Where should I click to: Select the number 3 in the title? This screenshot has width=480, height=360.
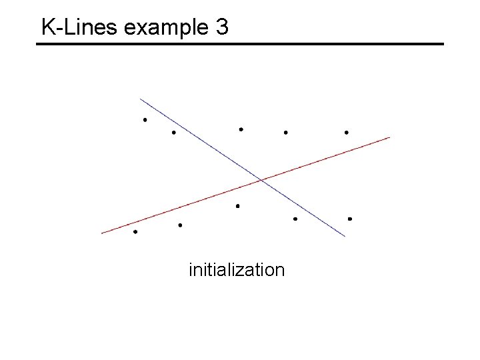coord(222,28)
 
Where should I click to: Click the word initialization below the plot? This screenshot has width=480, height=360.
coord(237,270)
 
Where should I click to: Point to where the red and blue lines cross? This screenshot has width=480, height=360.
coord(261,179)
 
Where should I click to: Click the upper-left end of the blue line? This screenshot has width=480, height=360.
coord(141,99)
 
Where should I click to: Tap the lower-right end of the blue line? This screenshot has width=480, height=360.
coord(345,236)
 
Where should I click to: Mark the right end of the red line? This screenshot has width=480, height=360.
coord(389,137)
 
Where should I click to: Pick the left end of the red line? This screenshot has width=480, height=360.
coord(102,233)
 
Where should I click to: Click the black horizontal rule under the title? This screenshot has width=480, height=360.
coord(240,44)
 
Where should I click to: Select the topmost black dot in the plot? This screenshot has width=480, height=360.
coord(145,120)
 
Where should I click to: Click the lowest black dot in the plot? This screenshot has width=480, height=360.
coord(135,232)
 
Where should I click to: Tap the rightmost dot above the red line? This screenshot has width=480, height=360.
coord(346,133)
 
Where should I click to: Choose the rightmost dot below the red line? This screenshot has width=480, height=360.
coord(349,219)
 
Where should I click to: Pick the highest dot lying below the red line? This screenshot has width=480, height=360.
coord(237,206)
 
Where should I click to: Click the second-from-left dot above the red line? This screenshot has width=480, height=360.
coord(173,133)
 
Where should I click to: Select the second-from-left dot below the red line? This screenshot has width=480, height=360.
coord(180,225)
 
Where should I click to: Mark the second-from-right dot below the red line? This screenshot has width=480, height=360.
coord(295,219)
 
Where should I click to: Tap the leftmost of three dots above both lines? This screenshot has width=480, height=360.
coord(241,129)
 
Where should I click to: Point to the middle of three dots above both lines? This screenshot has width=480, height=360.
coord(285,133)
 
